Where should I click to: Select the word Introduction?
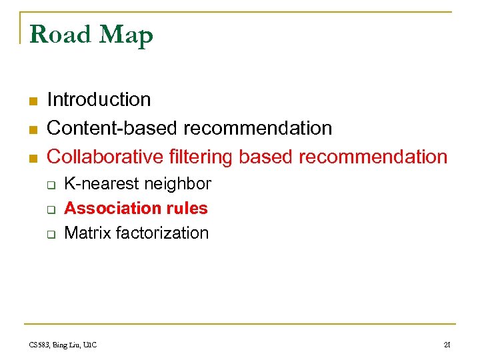(99, 100)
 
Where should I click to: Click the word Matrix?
(87, 233)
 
